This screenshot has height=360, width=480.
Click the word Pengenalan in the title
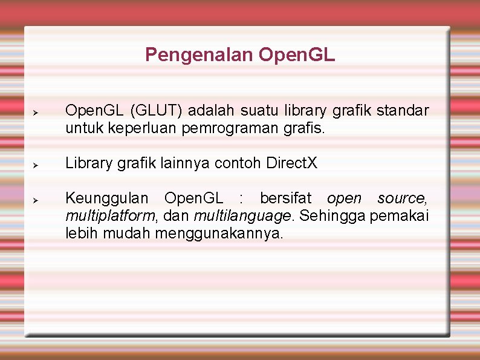199,56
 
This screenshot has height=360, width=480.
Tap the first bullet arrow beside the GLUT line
36,113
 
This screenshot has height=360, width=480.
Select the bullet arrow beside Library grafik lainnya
36,165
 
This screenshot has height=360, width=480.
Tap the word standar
403,111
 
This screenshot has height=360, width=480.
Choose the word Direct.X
291,163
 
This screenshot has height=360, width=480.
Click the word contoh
241,163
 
